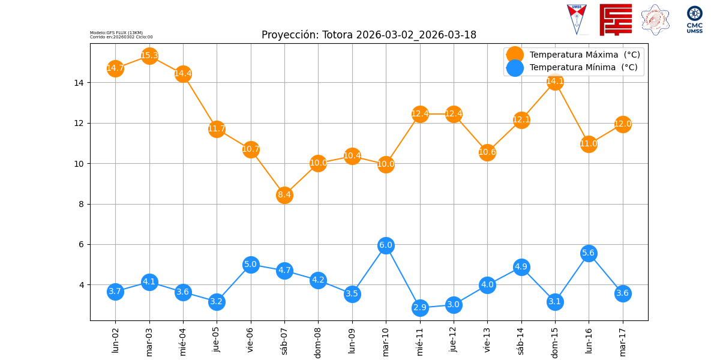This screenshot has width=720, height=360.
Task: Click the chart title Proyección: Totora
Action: (x=368, y=35)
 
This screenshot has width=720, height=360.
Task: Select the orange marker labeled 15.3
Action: (x=149, y=56)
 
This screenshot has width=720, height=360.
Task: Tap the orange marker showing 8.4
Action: (x=284, y=195)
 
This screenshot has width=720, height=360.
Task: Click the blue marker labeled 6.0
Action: (x=386, y=245)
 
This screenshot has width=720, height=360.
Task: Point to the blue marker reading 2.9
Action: (x=420, y=308)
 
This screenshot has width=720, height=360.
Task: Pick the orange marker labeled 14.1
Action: (x=555, y=82)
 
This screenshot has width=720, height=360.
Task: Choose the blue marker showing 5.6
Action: (x=589, y=253)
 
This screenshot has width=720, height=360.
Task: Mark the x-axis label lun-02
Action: (x=116, y=339)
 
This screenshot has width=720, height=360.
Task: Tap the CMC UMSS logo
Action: (x=694, y=20)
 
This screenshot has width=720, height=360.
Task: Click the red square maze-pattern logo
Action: (x=616, y=20)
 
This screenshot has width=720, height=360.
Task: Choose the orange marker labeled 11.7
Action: (x=217, y=129)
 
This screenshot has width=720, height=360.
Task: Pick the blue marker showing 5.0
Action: (x=251, y=265)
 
